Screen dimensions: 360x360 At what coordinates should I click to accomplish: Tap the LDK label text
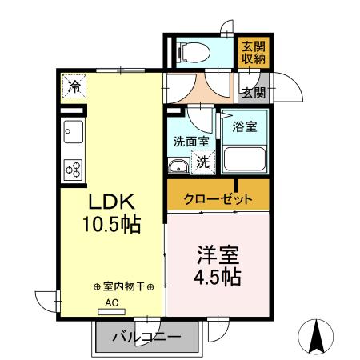tap(110, 201)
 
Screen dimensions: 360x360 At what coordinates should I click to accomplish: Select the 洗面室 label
tap(191, 142)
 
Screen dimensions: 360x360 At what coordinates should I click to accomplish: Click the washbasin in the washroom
tap(178, 165)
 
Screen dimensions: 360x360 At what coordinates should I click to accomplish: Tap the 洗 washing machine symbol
tap(202, 162)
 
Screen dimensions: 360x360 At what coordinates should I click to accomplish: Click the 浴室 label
tap(244, 126)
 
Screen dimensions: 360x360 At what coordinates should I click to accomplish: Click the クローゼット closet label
tap(218, 198)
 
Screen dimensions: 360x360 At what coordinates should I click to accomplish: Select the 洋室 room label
tap(218, 257)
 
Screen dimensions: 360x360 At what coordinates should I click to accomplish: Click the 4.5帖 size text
tap(218, 278)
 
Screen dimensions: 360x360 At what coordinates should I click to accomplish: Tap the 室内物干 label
tap(123, 286)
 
